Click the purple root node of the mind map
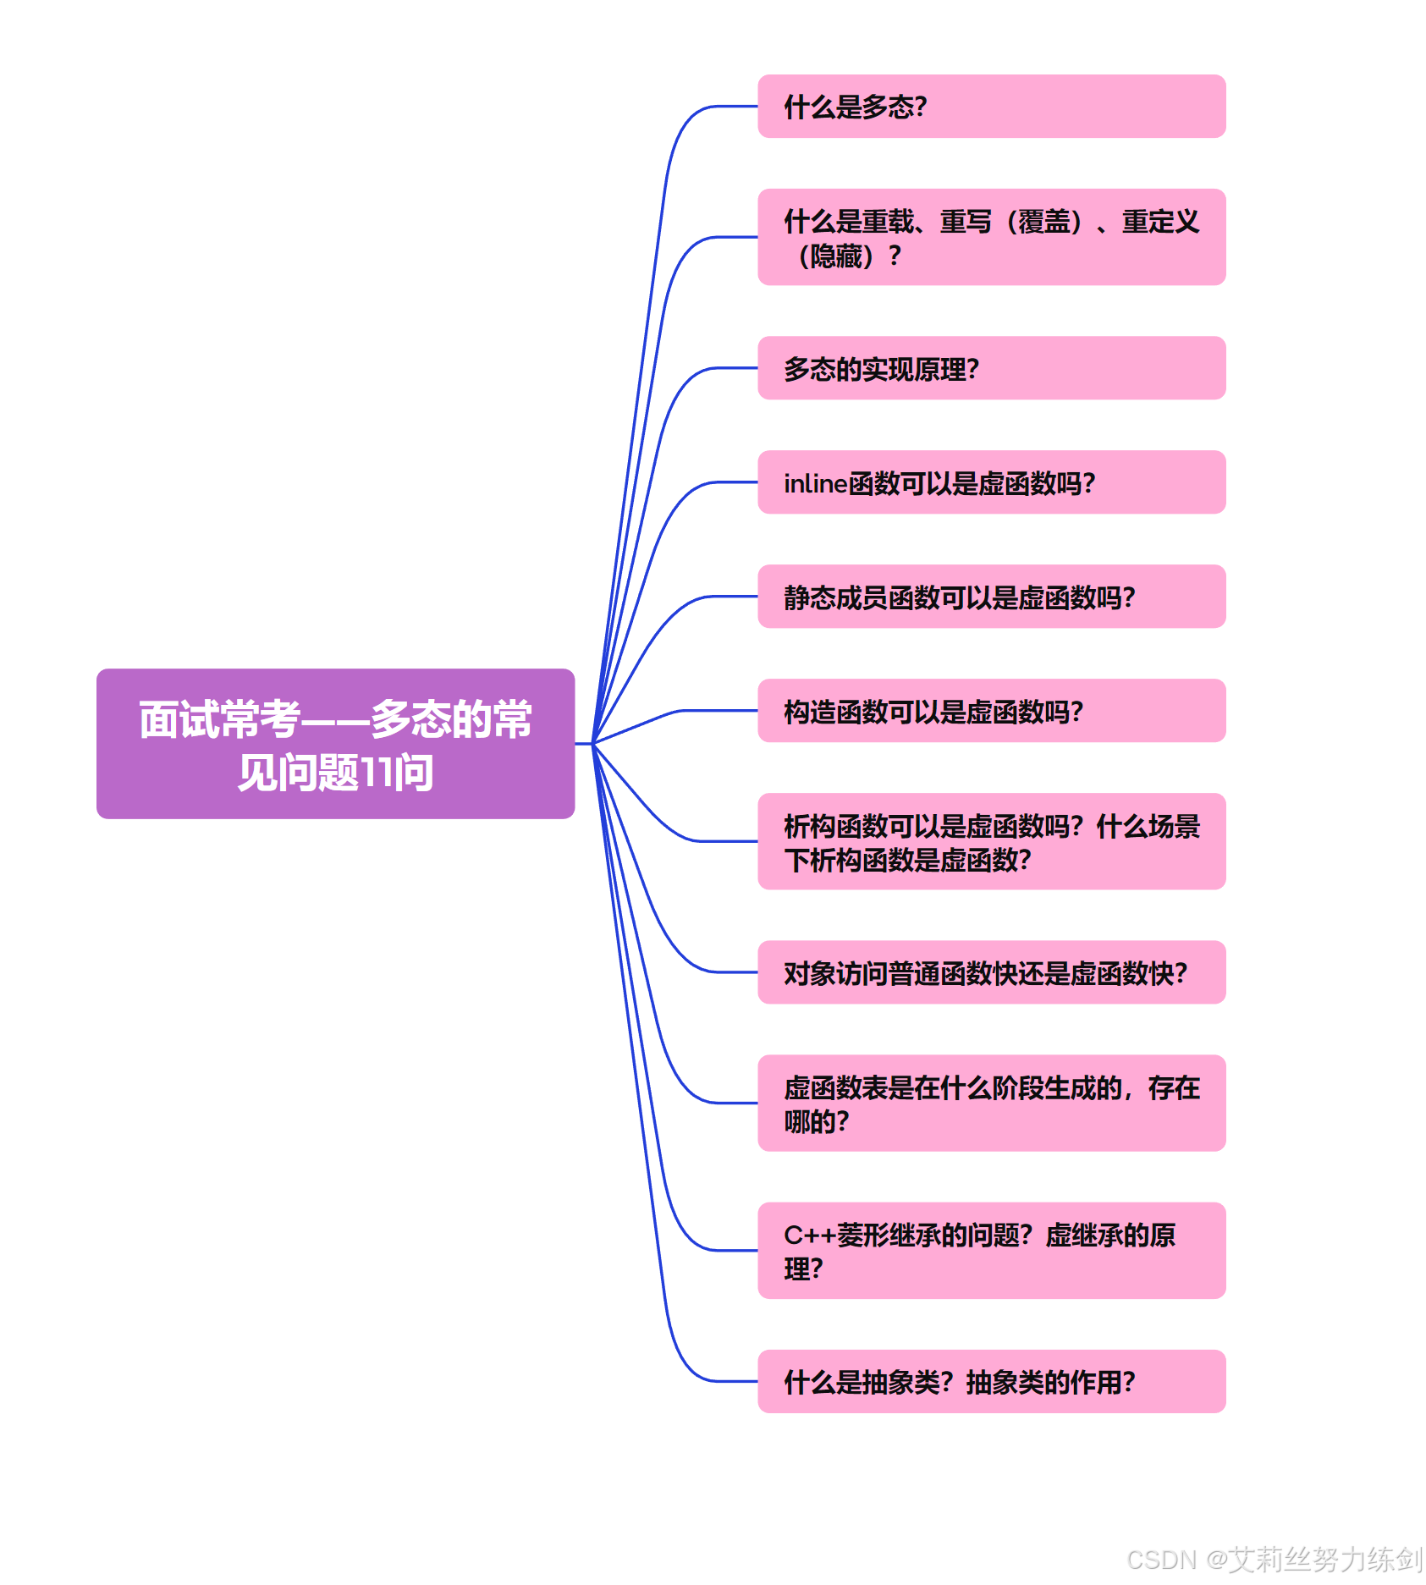click(335, 743)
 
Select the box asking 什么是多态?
click(991, 107)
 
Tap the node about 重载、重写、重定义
click(991, 237)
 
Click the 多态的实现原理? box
click(991, 368)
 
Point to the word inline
click(815, 483)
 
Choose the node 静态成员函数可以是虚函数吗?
click(991, 597)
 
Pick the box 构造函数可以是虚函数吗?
click(991, 711)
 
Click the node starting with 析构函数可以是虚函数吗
click(991, 841)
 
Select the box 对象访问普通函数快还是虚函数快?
click(991, 972)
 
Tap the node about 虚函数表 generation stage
click(991, 1103)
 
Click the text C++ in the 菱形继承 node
click(809, 1236)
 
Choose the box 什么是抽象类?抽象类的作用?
click(991, 1381)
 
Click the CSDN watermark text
click(1161, 1559)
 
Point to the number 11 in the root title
click(377, 773)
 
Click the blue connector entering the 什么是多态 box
click(719, 107)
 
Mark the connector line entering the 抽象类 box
click(719, 1381)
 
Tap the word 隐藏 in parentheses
click(835, 256)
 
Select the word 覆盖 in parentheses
click(1043, 222)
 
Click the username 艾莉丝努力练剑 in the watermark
click(1325, 1559)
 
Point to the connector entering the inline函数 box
click(719, 482)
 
